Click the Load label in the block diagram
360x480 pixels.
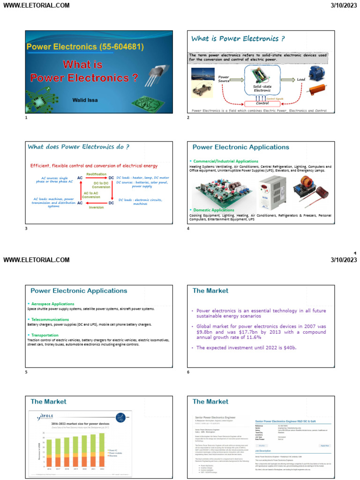[301, 80]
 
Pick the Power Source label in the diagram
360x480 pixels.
[224, 79]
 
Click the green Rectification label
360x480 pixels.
[96, 174]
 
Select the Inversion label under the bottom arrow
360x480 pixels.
[96, 207]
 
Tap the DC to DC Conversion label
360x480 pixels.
[101, 185]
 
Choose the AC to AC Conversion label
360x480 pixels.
[91, 195]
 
